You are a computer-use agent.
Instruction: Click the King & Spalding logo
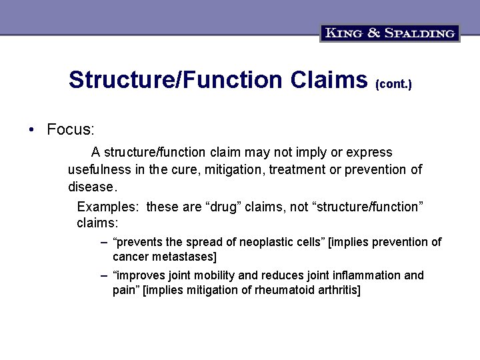pyautogui.click(x=390, y=33)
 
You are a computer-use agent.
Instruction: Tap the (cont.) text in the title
pyautogui.click(x=394, y=85)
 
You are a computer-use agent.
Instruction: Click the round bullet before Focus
pyautogui.click(x=31, y=129)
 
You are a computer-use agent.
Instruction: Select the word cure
pyautogui.click(x=185, y=170)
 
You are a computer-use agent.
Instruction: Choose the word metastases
pyautogui.click(x=182, y=257)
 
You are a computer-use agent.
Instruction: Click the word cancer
pyautogui.click(x=129, y=257)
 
